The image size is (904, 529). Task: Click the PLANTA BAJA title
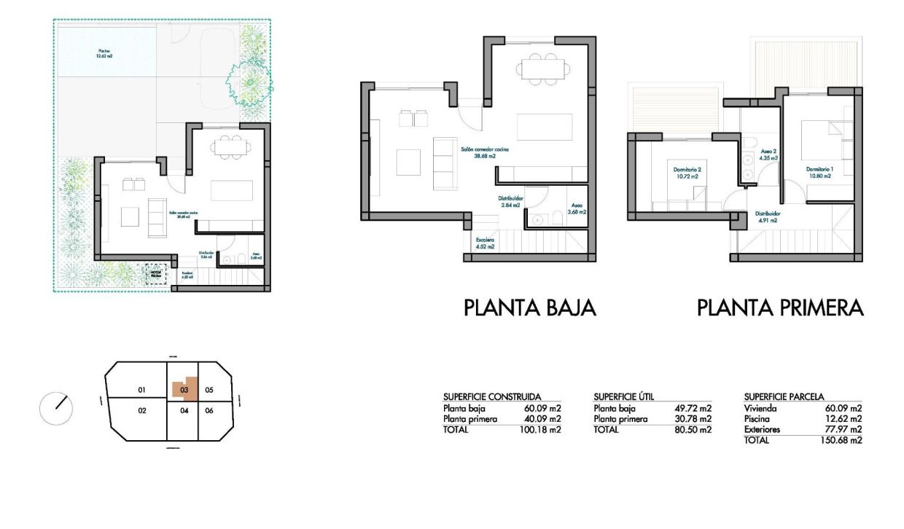tap(530, 308)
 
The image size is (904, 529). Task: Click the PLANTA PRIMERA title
tap(780, 308)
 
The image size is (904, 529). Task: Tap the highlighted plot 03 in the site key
tap(185, 389)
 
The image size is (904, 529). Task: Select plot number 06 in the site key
tap(209, 411)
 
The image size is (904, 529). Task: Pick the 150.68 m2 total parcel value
tap(843, 440)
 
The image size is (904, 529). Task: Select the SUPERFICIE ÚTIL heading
tap(623, 396)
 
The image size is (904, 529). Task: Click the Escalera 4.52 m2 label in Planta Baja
tap(485, 243)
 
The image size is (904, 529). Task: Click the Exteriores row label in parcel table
tap(762, 430)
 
